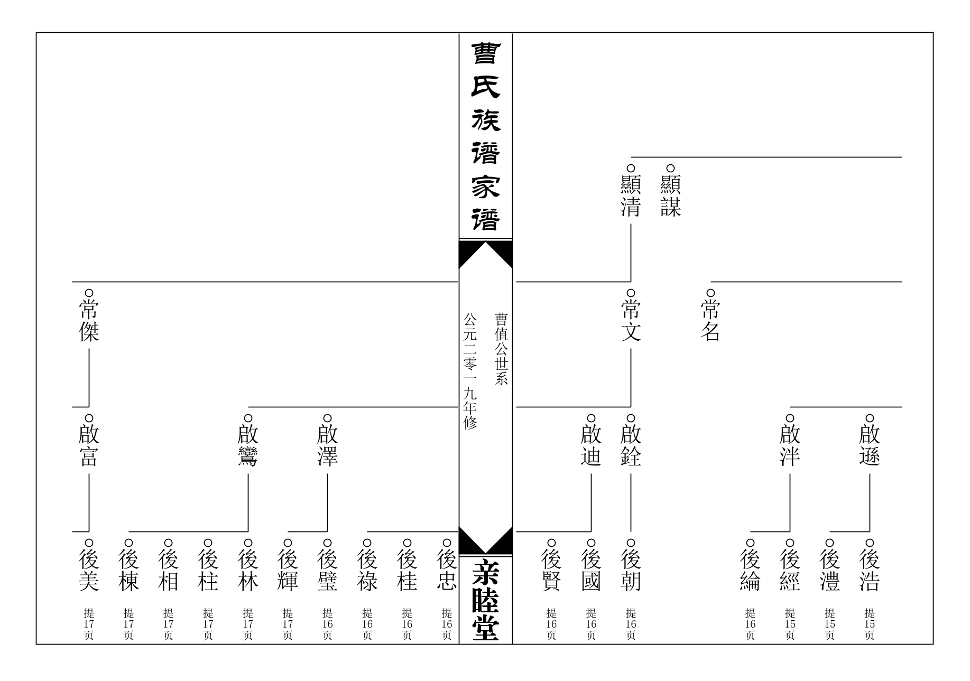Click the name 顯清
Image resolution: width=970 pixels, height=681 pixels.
coord(631,197)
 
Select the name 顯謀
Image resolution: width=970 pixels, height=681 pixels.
coord(670,197)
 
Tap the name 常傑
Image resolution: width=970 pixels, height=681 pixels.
coord(89,321)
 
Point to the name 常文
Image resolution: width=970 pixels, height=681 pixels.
coord(631,321)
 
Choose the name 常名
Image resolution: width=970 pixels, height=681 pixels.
coord(710,321)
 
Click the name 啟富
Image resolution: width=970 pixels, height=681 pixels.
coord(89,446)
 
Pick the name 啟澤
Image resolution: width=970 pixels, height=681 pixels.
coord(327,446)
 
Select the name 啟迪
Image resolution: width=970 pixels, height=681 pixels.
coord(591,446)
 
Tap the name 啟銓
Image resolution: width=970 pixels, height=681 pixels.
coord(631,446)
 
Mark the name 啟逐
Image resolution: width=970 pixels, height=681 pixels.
coord(870,446)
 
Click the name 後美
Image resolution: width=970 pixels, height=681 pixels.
coord(89,571)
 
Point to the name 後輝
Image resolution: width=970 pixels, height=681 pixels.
coord(288,571)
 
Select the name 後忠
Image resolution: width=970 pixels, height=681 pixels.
coord(447,571)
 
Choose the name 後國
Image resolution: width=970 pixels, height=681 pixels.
coord(591,571)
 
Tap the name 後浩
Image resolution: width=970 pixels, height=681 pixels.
coord(870,571)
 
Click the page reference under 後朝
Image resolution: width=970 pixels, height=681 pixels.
coord(631,624)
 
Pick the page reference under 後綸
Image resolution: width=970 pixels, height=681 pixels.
coord(750,624)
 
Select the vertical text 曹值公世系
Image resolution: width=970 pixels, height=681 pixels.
coord(501,349)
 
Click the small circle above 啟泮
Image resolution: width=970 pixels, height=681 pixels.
coord(790,418)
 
